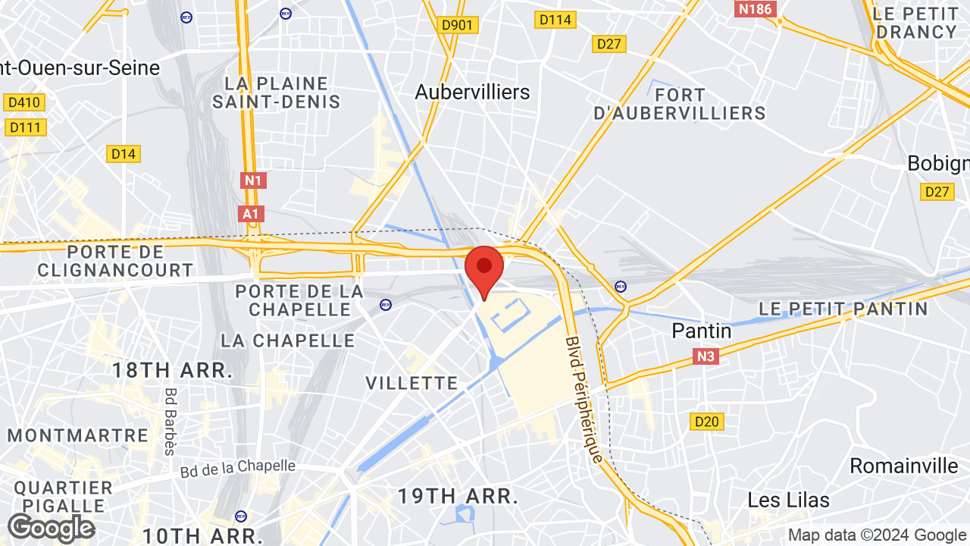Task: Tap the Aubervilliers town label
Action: (472, 93)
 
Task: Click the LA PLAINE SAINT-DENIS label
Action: (277, 93)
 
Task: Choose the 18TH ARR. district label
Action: (172, 371)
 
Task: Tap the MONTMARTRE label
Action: (78, 435)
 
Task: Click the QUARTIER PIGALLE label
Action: (63, 496)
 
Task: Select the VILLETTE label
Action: (412, 383)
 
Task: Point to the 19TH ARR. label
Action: (458, 497)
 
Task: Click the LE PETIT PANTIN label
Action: (843, 309)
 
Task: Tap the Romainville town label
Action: (904, 466)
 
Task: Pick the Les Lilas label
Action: (788, 500)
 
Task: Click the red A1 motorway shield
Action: (250, 214)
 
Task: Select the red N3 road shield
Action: (705, 356)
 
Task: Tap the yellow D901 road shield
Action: (457, 25)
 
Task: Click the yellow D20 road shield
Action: (708, 421)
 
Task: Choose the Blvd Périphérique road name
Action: (584, 400)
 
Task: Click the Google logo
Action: (51, 528)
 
